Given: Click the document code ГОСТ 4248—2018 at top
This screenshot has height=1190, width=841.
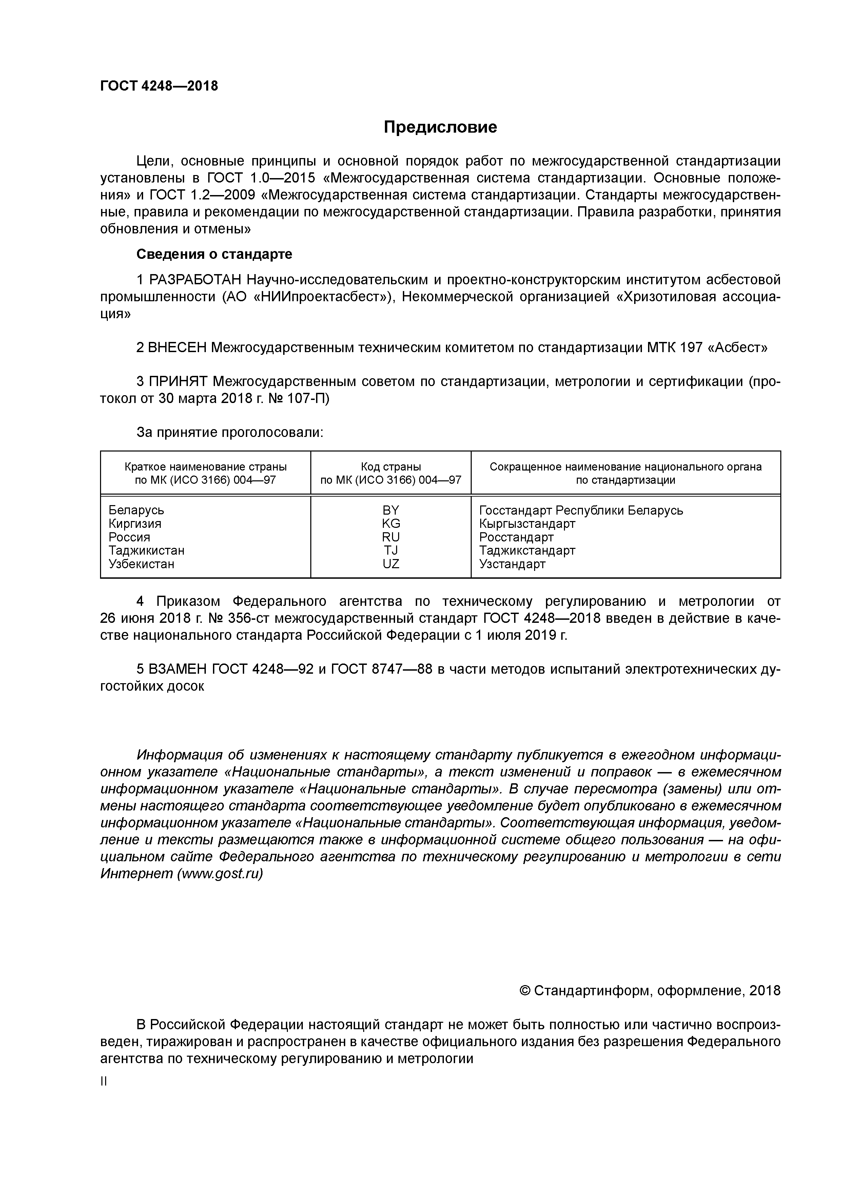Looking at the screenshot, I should click(159, 86).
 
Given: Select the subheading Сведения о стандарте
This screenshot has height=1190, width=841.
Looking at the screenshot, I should click(214, 254).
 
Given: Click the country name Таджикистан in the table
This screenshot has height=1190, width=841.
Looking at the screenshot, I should click(146, 551).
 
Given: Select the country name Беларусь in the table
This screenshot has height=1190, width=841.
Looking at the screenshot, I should click(136, 510).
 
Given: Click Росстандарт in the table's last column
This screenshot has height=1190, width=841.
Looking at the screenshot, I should click(516, 537).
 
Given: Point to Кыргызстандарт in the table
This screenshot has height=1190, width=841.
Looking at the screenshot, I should click(527, 523).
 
